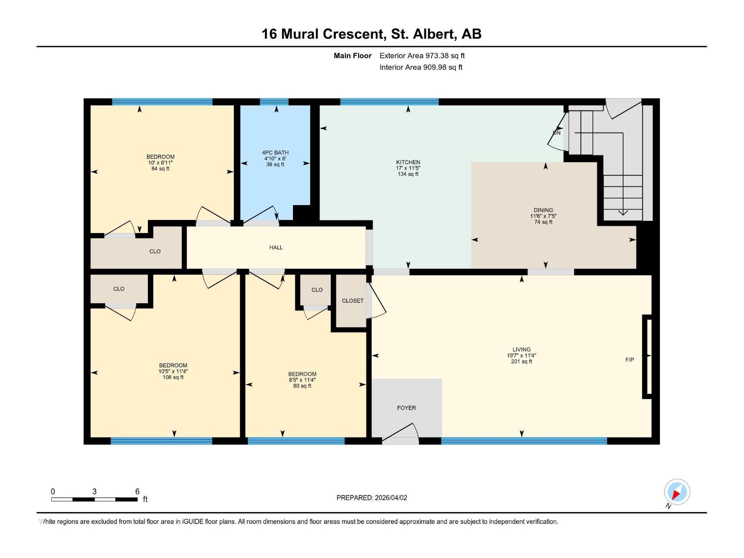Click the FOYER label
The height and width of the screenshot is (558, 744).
click(x=406, y=408)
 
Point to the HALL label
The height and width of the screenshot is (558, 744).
click(x=276, y=248)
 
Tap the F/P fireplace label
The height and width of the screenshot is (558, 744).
click(x=630, y=360)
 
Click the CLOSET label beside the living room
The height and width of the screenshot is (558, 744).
click(x=352, y=301)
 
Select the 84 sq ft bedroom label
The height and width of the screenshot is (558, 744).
click(x=160, y=163)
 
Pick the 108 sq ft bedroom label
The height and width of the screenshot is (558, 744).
click(x=173, y=372)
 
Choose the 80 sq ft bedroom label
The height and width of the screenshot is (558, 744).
click(x=302, y=380)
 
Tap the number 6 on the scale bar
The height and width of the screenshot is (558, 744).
click(x=137, y=491)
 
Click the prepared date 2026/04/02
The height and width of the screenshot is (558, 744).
click(x=391, y=498)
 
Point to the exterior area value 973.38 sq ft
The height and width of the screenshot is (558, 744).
click(x=445, y=55)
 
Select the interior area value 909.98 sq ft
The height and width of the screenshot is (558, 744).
click(x=443, y=67)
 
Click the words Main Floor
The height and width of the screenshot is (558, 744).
click(x=352, y=55)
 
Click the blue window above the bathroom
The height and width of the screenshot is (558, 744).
click(x=274, y=102)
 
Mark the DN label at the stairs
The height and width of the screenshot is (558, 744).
click(x=557, y=133)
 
